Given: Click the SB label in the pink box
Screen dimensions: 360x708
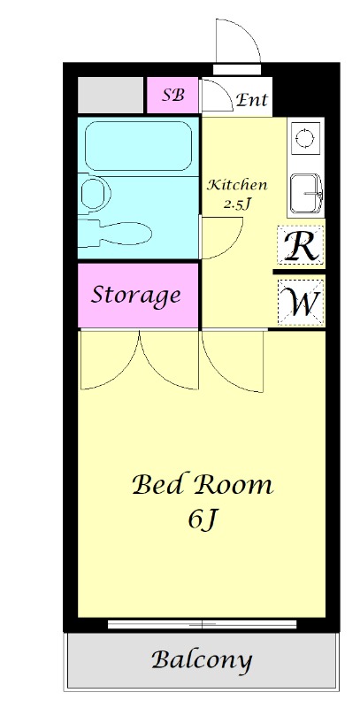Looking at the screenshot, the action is [173, 96].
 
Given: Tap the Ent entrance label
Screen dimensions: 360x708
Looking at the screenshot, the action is [252, 99].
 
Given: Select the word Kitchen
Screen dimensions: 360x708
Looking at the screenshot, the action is [237, 185].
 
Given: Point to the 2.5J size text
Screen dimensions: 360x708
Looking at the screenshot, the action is [237, 204].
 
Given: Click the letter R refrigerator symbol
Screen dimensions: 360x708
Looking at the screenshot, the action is [301, 246].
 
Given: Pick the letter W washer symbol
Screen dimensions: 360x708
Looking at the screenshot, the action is [301, 302].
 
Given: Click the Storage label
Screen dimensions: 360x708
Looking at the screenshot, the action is [136, 296].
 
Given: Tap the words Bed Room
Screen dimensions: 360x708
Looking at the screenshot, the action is [203, 485].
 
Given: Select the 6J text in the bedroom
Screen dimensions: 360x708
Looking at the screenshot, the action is [203, 520].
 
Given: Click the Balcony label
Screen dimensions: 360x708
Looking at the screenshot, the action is [202, 660].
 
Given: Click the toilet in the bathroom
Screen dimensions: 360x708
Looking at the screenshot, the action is [115, 234].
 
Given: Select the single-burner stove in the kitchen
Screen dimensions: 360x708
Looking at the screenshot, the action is [305, 136].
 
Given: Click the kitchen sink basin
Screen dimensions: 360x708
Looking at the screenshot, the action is [306, 194].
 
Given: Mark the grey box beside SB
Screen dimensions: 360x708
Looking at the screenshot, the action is [111, 96].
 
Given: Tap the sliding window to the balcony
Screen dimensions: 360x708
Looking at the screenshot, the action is [202, 625].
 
